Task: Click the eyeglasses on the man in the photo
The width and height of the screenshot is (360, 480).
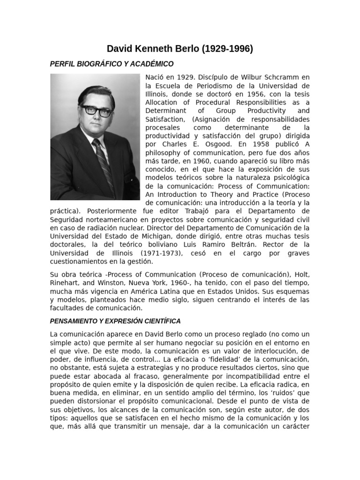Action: (96, 111)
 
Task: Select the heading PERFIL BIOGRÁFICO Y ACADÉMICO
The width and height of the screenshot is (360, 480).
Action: (112, 64)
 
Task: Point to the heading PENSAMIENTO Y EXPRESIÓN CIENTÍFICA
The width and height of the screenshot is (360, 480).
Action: (115, 321)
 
